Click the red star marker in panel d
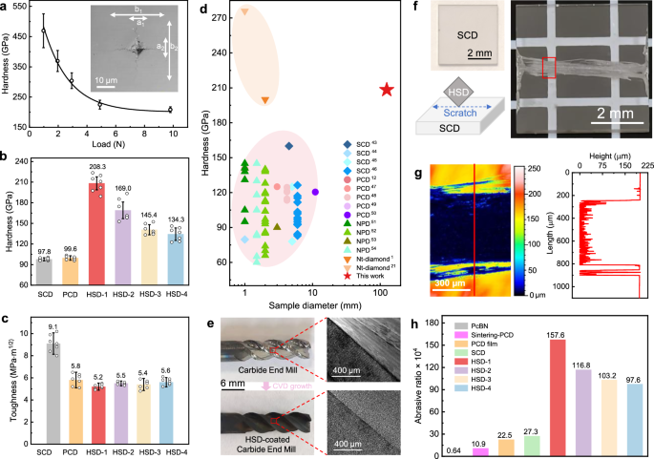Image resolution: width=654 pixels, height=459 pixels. [387, 89]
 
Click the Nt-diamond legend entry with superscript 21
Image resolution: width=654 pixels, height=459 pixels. [367, 264]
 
